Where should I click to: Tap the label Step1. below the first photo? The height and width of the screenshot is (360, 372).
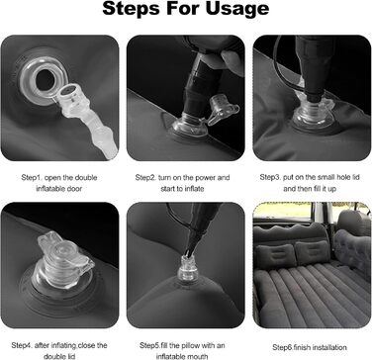pyautogui.click(x=32, y=178)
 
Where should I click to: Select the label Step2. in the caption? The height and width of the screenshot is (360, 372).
pyautogui.click(x=145, y=178)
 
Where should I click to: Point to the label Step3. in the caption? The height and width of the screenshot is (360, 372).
pyautogui.click(x=270, y=177)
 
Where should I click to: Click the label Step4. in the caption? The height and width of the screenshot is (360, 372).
pyautogui.click(x=22, y=345)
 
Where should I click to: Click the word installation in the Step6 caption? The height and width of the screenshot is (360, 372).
pyautogui.click(x=329, y=347)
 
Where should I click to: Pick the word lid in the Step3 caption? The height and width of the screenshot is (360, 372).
pyautogui.click(x=356, y=177)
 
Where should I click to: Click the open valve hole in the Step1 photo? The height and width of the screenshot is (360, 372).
pyautogui.click(x=46, y=80)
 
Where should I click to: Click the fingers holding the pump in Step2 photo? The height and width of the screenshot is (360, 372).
pyautogui.click(x=231, y=61)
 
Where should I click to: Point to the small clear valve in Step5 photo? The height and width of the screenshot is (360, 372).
pyautogui.click(x=187, y=269)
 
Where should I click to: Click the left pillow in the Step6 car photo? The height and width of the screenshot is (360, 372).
pyautogui.click(x=276, y=256)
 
